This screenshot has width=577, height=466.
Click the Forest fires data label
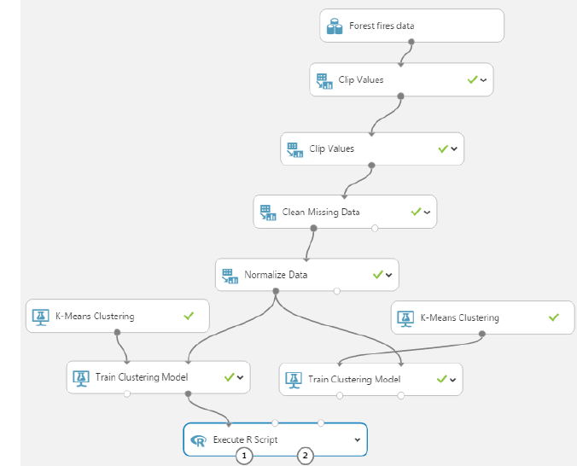tap(382, 26)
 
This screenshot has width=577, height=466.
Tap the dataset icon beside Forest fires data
tap(335, 26)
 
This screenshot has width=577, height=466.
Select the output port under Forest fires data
tap(411, 41)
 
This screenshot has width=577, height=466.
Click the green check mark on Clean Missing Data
tap(415, 211)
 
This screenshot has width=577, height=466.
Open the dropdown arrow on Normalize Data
tap(388, 275)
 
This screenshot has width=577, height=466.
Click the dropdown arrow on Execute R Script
tap(356, 440)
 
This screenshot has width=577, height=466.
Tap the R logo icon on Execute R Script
tap(199, 440)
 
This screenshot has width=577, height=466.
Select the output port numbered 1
tap(244, 456)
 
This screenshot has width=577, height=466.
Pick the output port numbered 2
tap(306, 456)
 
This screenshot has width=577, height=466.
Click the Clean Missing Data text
tap(321, 212)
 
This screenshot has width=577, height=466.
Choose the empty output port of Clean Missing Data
tap(375, 228)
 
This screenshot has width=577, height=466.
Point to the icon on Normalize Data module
tap(228, 276)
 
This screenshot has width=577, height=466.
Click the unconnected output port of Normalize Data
tap(336, 291)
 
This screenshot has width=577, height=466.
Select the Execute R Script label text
tap(246, 440)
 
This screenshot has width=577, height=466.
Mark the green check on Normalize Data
tap(376, 275)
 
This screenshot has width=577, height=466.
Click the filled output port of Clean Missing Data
tap(314, 228)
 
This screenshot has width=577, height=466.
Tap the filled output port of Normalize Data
tap(275, 291)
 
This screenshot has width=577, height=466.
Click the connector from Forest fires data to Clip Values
tap(405, 53)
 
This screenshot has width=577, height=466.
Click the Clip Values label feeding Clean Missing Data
tap(331, 149)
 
